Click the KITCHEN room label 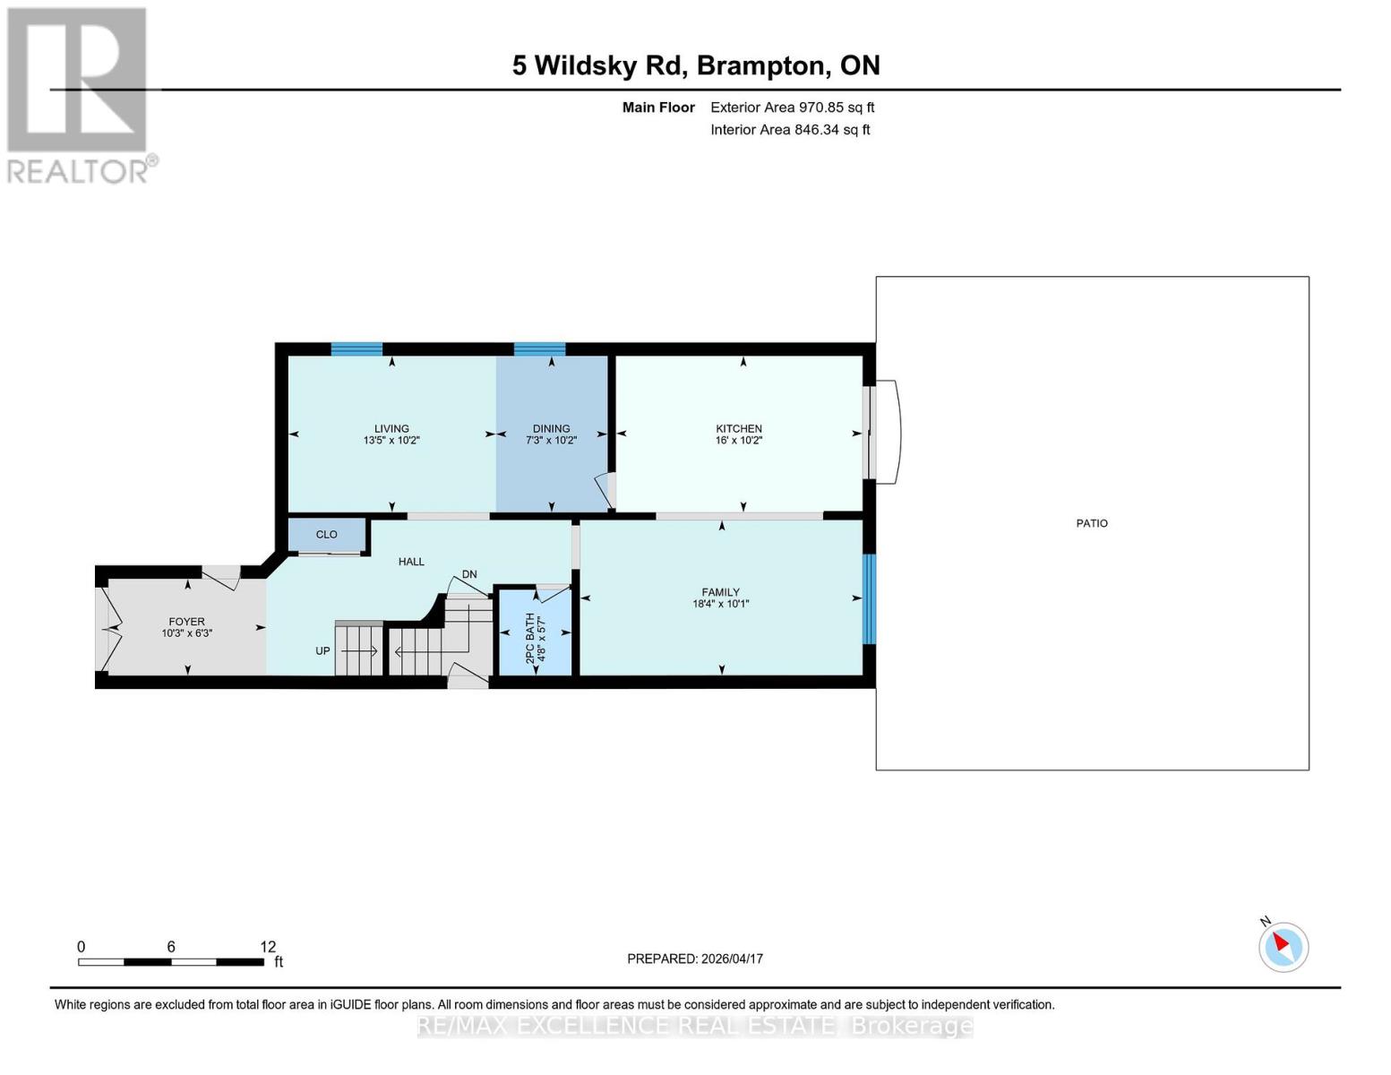point(738,428)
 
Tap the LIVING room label point(391,428)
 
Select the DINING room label point(551,428)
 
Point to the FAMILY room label point(720,592)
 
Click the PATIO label point(1092,523)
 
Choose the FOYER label point(186,622)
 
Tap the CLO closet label point(326,535)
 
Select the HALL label point(411,562)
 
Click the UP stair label point(322,651)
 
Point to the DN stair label point(469,574)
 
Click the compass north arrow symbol point(1284,946)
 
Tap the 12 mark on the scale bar point(268,947)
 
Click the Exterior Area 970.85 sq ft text point(792,107)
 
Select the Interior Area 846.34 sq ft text point(790,130)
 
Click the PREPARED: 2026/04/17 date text point(695,959)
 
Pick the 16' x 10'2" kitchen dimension point(738,441)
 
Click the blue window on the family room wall point(868,598)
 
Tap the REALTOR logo point(79,94)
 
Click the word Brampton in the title point(760,65)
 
